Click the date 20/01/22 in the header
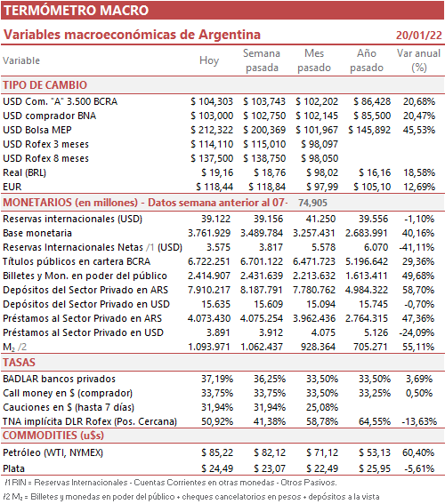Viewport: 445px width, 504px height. click(418, 35)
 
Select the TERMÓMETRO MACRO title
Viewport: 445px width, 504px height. click(76, 11)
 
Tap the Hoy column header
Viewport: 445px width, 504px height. click(209, 60)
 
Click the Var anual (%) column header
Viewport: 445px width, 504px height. click(418, 60)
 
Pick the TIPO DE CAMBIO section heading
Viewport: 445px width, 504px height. click(45, 85)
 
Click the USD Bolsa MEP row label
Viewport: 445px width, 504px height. click(37, 130)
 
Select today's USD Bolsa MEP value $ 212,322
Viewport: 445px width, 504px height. click(212, 130)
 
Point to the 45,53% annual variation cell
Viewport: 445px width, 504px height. click(419, 130)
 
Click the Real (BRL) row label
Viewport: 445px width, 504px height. click(24, 172)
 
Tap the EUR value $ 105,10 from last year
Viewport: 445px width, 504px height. click(372, 187)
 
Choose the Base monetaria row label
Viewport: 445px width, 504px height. click(37, 233)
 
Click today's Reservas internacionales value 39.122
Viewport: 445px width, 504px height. click(216, 219)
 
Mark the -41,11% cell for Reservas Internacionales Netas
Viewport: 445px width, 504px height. click(417, 247)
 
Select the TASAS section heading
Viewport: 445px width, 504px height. click(19, 363)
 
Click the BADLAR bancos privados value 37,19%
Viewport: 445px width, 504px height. click(217, 379)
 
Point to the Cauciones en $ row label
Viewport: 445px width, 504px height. click(69, 407)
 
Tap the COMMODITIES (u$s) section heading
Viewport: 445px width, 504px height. click(53, 436)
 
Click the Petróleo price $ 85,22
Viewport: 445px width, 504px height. click(217, 452)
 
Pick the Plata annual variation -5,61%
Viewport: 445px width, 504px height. click(418, 468)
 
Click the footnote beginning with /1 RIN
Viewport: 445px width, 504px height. click(171, 483)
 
